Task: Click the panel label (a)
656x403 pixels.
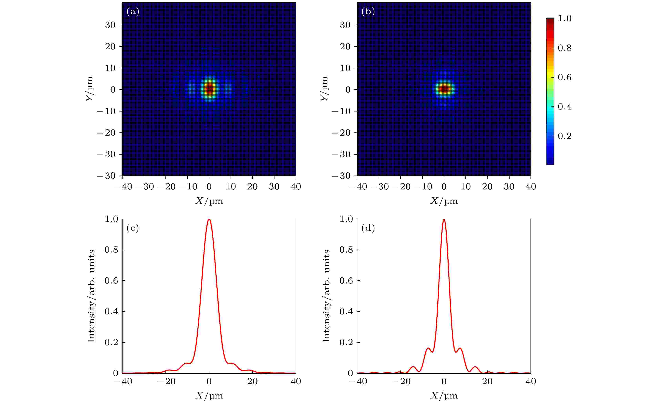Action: click(x=133, y=12)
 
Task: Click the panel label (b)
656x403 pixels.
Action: click(x=368, y=12)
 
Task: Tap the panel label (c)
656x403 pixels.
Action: click(x=133, y=228)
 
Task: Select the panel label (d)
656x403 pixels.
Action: click(x=368, y=228)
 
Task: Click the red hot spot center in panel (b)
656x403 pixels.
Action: click(x=444, y=89)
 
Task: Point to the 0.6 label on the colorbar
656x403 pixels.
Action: click(x=564, y=77)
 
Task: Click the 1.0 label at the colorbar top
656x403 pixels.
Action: click(x=564, y=18)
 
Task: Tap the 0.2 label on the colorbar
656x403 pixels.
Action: click(x=564, y=136)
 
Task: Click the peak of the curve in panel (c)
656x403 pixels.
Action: click(x=209, y=220)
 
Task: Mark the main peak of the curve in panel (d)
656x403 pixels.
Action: click(x=444, y=220)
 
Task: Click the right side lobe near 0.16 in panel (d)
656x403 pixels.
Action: click(x=460, y=348)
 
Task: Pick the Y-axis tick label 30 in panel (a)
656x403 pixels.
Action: click(x=110, y=25)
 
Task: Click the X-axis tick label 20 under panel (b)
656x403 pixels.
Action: click(x=487, y=187)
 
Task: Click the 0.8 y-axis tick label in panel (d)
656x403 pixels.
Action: click(x=346, y=250)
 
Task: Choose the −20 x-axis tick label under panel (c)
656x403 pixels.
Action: click(x=166, y=381)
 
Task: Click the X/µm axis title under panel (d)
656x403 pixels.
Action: click(x=444, y=396)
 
